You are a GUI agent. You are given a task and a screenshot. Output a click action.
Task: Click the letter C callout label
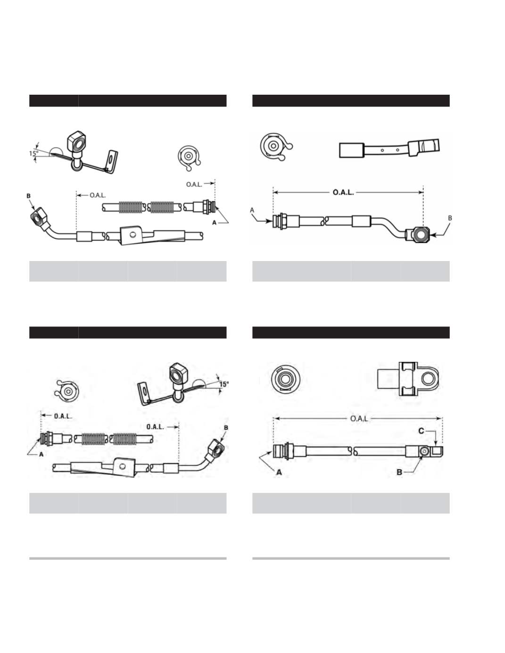coord(422,431)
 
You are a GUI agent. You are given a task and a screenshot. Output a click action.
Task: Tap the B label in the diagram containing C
coord(400,472)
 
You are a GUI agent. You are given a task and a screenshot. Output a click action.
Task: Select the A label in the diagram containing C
coord(279,473)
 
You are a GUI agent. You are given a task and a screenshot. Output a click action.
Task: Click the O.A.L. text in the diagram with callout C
coord(359,418)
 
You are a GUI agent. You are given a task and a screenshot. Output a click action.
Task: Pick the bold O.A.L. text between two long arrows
coord(343,192)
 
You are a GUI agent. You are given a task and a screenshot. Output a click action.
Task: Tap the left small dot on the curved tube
coord(382,150)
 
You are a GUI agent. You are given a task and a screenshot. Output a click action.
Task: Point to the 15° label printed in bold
coord(224,384)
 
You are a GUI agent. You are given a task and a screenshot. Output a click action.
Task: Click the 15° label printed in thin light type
coord(33,154)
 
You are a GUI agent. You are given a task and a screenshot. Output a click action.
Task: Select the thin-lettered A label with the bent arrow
coord(252,210)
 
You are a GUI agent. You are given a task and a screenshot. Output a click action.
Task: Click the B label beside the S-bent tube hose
coord(450,218)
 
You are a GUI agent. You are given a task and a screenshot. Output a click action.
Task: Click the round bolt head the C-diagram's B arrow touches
coord(424,451)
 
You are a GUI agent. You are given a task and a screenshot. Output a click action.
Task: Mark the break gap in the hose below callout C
coord(353,451)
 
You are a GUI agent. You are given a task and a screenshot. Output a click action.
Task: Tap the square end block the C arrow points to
coord(437,451)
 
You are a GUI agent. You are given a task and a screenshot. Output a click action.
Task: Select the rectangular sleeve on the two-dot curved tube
coord(352,150)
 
